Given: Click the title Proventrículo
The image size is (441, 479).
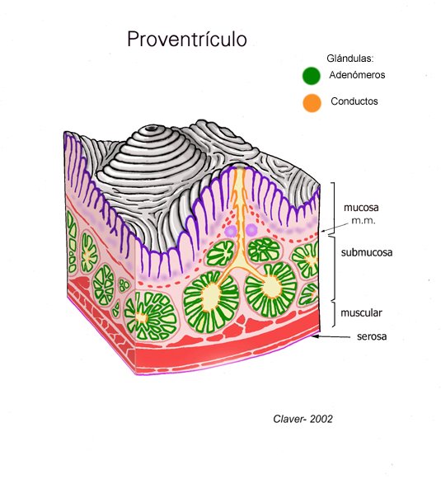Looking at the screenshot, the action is (x=187, y=40).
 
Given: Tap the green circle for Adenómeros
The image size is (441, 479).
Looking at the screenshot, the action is (x=312, y=76).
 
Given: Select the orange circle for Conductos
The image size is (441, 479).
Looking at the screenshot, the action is (x=312, y=103).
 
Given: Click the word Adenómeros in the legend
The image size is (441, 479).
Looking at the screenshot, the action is (x=357, y=75).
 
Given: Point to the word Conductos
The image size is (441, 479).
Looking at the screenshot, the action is (x=354, y=101).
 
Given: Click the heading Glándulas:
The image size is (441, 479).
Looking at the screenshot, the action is (x=350, y=58).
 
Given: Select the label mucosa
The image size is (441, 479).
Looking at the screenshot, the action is (x=361, y=208).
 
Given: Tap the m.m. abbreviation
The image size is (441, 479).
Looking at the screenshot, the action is (x=364, y=221).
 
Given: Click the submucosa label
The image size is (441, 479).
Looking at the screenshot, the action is (x=367, y=252).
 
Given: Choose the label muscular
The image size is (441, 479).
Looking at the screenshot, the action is (x=361, y=312).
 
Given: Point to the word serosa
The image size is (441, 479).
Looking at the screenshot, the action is (x=372, y=336).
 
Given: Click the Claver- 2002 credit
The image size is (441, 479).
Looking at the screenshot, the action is (x=303, y=419).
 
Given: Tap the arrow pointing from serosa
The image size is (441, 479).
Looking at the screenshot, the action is (x=331, y=336).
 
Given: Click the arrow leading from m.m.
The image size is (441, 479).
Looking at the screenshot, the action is (x=335, y=228).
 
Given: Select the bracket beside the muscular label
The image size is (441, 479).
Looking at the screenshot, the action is (x=333, y=314).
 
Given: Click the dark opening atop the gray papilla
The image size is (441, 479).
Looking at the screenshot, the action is (x=150, y=129).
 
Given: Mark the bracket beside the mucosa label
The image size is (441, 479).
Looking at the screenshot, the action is (x=333, y=209).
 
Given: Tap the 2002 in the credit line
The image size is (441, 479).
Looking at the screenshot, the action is (x=321, y=419).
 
